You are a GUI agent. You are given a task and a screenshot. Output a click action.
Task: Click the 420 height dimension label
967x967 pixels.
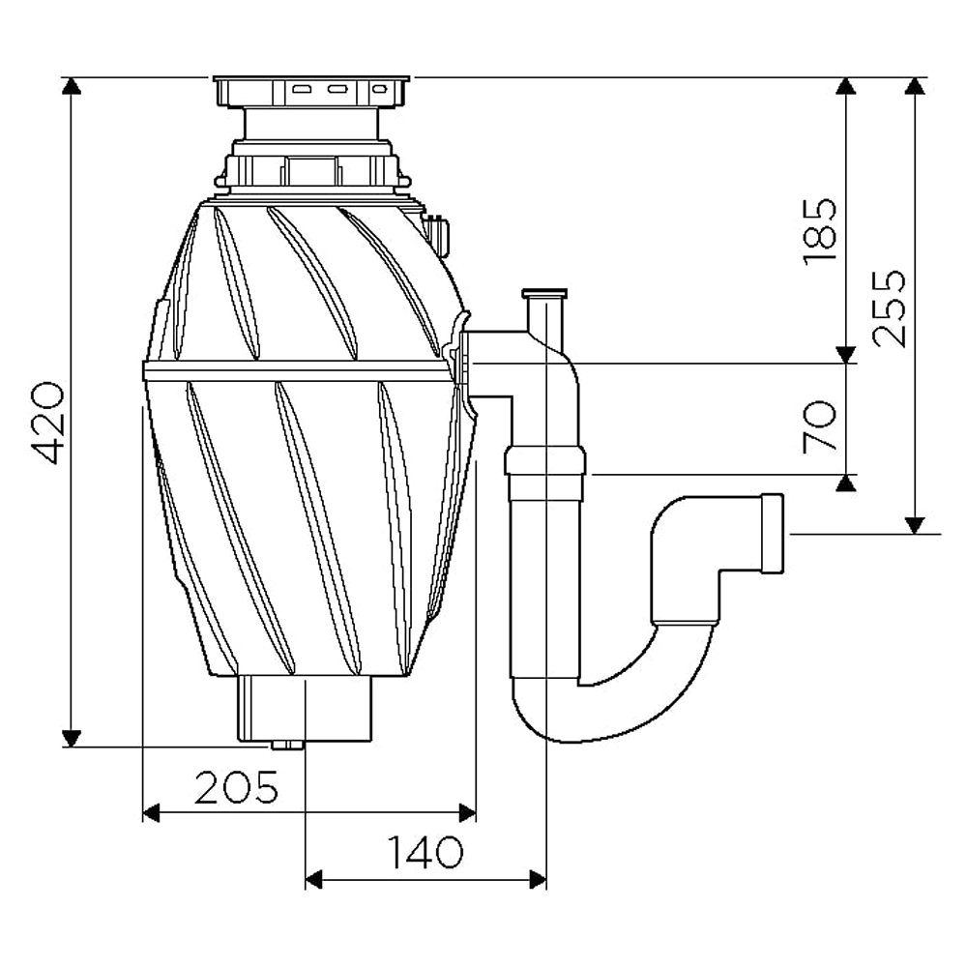45,423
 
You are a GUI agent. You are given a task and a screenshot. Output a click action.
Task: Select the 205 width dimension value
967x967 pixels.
237,789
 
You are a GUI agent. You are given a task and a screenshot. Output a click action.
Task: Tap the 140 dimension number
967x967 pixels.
425,853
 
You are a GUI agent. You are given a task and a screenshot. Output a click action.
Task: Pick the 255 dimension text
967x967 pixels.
888,308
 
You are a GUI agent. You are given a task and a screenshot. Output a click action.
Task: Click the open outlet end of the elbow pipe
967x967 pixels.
774,534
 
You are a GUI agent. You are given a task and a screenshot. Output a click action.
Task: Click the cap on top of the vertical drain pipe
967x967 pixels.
545,292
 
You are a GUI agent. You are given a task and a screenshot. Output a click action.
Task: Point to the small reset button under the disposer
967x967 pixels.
285,746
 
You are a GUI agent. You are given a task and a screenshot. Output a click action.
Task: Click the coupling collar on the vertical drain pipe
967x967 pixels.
546,460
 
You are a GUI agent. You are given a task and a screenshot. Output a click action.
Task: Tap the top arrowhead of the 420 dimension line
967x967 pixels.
70,87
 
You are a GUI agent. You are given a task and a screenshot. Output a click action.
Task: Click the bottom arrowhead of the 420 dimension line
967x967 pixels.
70,738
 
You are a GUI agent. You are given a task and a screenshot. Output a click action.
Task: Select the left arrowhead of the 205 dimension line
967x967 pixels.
151,812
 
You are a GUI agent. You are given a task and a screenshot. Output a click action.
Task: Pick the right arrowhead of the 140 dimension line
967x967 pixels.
539,878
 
